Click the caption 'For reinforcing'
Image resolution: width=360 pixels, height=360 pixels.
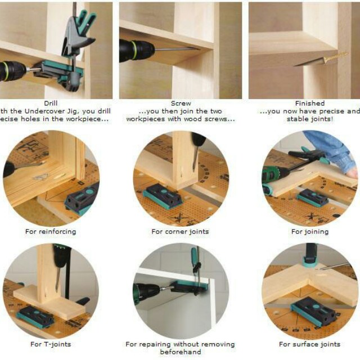pos(50,231)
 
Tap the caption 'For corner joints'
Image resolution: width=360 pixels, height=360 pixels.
pos(180,231)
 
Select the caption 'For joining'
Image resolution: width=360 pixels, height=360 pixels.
pos(310,231)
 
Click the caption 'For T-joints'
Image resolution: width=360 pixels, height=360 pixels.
pos(51,344)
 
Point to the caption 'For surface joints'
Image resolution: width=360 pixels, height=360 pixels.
pos(309,344)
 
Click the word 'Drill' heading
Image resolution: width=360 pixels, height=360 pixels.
pos(51,103)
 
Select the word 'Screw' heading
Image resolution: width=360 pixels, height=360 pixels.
pos(181,103)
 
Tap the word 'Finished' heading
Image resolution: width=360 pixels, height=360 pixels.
pos(310,103)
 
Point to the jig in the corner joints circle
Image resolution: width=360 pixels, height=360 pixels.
pos(163,196)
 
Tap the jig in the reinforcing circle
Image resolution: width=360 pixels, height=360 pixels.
pos(82,198)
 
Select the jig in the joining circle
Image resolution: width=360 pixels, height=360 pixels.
pos(313,197)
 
